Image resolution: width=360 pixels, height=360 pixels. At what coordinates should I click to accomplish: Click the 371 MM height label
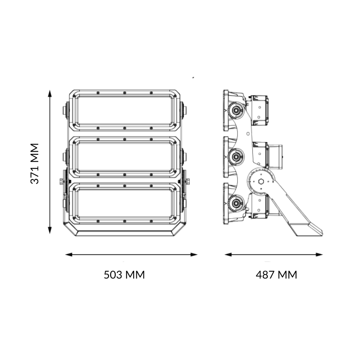tap(35, 163)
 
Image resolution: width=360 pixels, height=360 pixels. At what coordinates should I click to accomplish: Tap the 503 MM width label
tap(124, 274)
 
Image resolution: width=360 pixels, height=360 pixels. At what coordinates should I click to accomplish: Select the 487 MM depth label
tap(276, 274)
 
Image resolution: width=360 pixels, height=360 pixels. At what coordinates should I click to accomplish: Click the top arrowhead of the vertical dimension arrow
tap(50, 93)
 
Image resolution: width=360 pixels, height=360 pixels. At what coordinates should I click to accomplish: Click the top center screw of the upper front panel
tap(125, 93)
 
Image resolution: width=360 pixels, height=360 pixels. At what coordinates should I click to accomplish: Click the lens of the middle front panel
tap(125, 156)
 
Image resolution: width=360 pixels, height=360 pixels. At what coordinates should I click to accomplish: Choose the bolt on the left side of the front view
tap(61, 182)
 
